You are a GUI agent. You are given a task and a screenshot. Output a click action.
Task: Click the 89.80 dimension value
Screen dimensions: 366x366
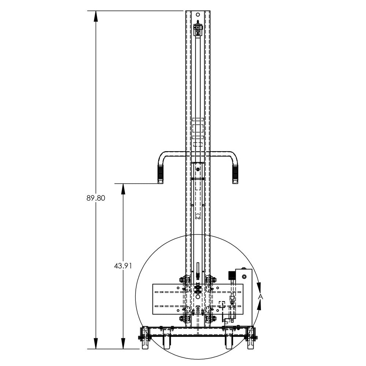(96, 198)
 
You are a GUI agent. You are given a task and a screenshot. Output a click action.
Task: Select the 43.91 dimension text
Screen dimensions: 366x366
(123, 266)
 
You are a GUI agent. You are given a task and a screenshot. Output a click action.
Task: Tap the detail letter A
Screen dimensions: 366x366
(261, 297)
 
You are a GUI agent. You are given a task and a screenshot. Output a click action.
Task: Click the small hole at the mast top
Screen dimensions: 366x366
(198, 15)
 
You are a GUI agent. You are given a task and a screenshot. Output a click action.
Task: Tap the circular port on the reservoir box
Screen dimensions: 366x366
(244, 277)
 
